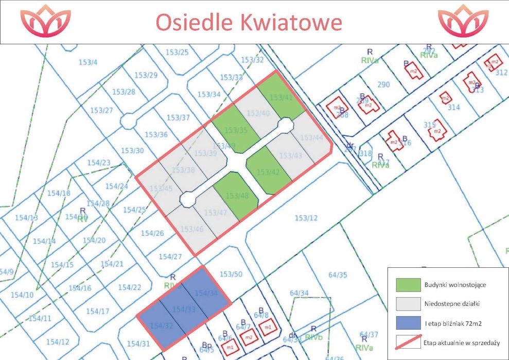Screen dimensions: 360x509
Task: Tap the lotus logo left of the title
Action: (45, 22)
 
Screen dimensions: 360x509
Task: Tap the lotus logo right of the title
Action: (463, 22)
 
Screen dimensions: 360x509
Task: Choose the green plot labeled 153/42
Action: (268, 172)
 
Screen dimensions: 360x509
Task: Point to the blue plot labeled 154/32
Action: (161, 325)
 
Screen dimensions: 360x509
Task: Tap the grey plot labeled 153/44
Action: (311, 138)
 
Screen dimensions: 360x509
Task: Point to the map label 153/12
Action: (306, 218)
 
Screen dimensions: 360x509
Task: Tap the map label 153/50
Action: (231, 274)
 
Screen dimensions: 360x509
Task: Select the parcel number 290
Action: (383, 84)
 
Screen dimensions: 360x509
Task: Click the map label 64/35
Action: (338, 275)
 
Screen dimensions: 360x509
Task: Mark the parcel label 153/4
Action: (88, 63)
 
